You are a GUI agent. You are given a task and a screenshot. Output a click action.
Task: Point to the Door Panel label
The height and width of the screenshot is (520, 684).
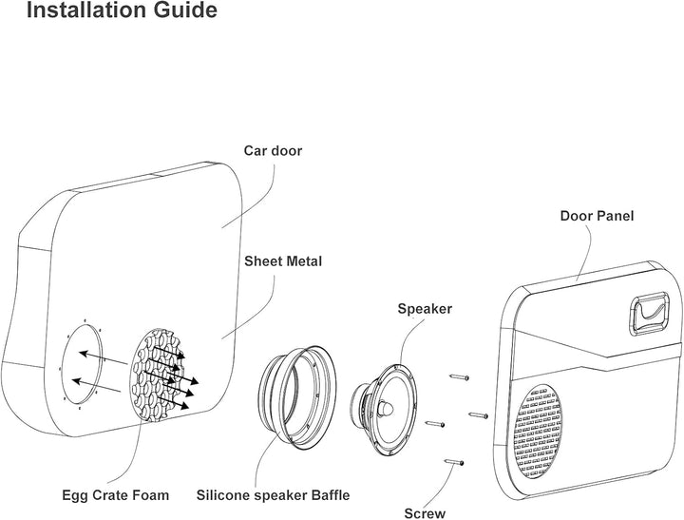click(597, 217)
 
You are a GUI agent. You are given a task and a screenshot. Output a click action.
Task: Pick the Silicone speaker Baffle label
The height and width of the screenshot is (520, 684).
click(273, 495)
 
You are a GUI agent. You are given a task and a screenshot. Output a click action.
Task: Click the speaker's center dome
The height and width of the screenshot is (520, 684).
click(389, 407)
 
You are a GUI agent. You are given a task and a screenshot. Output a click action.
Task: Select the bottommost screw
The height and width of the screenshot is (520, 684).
click(454, 462)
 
